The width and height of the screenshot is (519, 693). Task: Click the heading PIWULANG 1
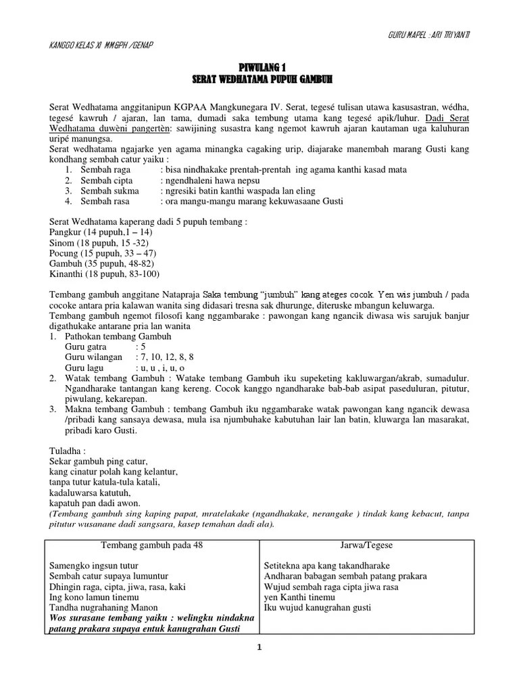coord(260,68)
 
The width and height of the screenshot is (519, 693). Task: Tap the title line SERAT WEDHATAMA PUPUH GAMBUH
coord(260,79)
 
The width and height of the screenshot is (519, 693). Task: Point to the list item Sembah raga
coord(105,170)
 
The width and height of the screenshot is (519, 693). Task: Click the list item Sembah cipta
coord(105,181)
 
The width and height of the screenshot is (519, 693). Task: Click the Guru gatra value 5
coord(141,346)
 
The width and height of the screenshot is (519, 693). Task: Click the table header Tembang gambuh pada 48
coord(151,545)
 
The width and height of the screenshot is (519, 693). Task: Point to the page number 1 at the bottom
coord(258,647)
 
